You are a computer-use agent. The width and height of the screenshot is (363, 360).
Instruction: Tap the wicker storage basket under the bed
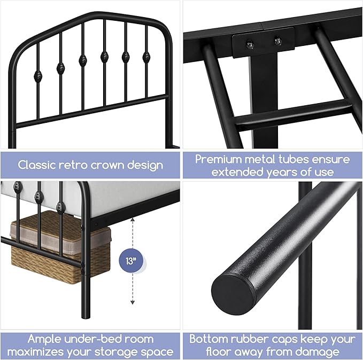(59, 240)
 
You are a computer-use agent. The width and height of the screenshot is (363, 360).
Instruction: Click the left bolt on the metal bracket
(249, 41)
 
